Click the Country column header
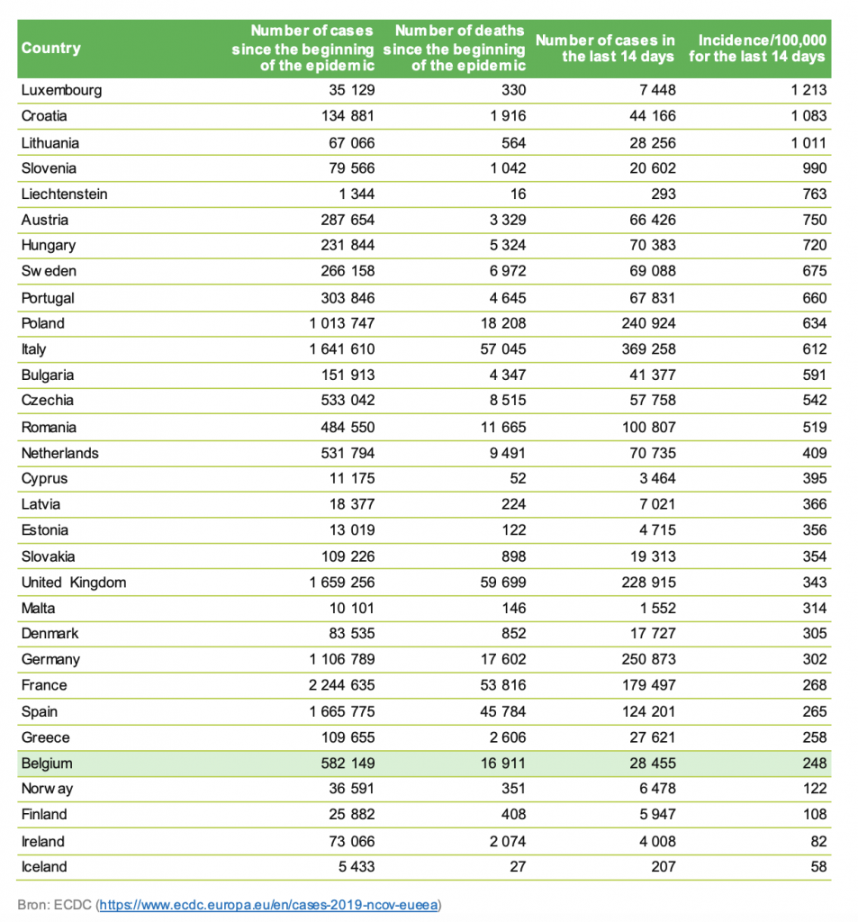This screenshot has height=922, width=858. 50,48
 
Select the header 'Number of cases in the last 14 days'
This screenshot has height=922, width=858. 605,48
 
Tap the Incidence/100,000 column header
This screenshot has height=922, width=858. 757,48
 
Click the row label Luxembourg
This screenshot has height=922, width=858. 61,90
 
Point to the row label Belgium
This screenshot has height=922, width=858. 47,764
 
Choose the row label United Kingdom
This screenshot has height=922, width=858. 74,582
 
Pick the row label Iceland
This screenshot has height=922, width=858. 44,867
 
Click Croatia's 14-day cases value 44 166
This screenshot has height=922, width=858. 646,116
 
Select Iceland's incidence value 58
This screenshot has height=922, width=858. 817,867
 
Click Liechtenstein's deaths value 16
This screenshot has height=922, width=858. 516,194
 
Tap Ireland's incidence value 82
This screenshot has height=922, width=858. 817,841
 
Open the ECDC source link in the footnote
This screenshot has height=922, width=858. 270,904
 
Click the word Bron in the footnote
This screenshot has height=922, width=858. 32,904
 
